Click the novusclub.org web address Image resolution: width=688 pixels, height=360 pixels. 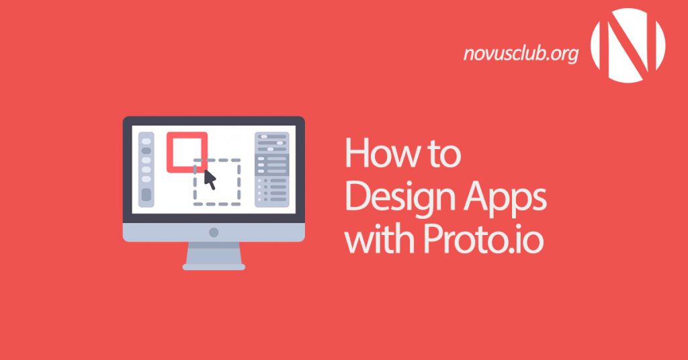[521, 54]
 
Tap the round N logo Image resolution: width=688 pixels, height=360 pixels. [628, 41]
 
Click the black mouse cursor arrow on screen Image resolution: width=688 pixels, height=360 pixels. [210, 179]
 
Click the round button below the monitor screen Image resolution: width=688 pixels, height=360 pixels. [214, 232]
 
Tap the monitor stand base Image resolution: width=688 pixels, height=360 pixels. [214, 265]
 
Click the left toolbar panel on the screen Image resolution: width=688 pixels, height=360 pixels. [146, 169]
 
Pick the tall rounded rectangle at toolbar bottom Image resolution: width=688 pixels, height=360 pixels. [146, 195]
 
